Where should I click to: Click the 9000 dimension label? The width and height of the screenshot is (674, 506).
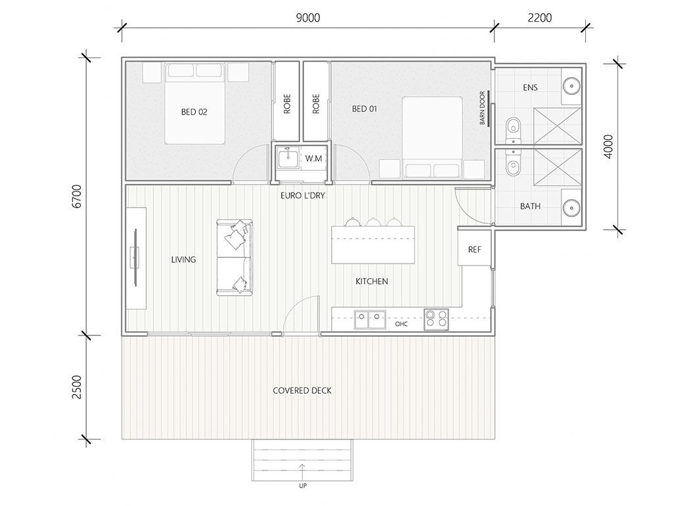tap(308, 18)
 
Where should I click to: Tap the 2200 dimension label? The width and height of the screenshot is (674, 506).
tap(540, 18)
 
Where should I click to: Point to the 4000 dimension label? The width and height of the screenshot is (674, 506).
tap(609, 147)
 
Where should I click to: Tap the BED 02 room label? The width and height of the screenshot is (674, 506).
tap(194, 112)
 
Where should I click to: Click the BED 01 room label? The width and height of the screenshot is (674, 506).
tap(365, 109)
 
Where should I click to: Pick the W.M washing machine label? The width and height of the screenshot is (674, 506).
tap(314, 158)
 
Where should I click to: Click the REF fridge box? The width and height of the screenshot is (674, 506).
tap(475, 248)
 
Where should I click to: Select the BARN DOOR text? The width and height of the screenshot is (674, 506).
tap(482, 108)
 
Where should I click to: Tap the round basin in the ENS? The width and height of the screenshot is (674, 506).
tap(572, 86)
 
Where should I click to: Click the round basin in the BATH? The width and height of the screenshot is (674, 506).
tap(572, 208)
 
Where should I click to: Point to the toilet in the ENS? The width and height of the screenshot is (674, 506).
tap(513, 129)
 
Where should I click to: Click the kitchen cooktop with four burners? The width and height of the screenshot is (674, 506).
tap(436, 320)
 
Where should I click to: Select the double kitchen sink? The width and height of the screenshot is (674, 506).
tap(370, 320)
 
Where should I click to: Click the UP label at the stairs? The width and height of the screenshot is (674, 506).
tap(303, 486)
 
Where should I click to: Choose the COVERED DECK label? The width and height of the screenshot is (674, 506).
tap(302, 391)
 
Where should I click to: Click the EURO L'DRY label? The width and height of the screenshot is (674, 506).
tap(303, 195)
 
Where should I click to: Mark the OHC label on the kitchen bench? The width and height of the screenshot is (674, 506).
tap(402, 324)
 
